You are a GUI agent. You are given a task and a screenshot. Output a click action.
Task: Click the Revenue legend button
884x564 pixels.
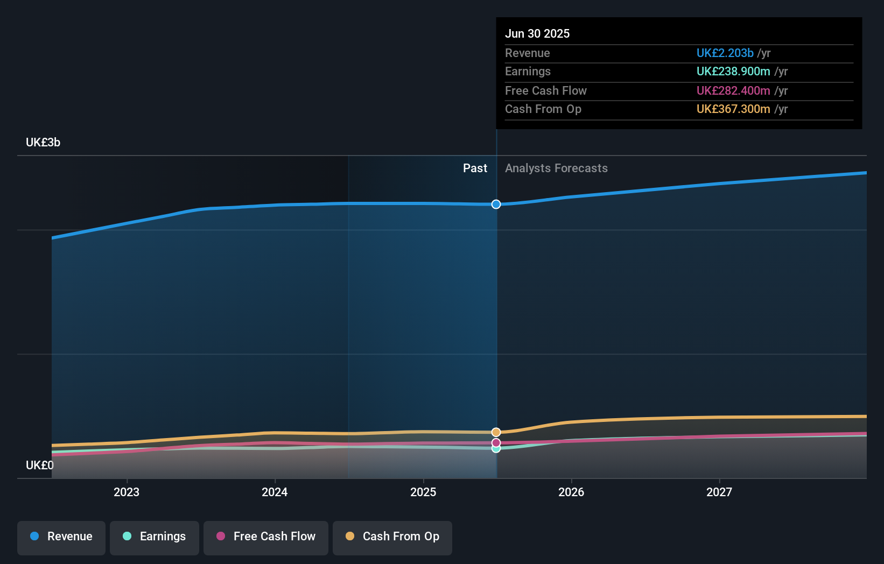pyautogui.click(x=61, y=537)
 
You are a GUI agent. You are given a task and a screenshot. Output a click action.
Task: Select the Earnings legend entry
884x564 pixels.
pyautogui.click(x=155, y=537)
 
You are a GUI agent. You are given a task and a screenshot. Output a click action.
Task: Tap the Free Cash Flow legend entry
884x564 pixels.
pyautogui.click(x=266, y=537)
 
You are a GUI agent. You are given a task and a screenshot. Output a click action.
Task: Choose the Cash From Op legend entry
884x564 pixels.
pyautogui.click(x=392, y=537)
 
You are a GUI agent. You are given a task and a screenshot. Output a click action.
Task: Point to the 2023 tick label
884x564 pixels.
pyautogui.click(x=127, y=492)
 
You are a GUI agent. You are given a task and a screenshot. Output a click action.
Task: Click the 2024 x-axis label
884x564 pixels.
pyautogui.click(x=275, y=492)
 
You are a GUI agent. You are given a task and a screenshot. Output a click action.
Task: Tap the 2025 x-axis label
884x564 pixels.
pyautogui.click(x=423, y=492)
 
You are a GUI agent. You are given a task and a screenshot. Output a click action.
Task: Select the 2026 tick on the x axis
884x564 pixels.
pyautogui.click(x=571, y=492)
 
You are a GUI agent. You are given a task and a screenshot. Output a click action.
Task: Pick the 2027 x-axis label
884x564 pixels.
pyautogui.click(x=719, y=492)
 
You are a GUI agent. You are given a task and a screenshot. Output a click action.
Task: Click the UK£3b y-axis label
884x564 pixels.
pyautogui.click(x=43, y=143)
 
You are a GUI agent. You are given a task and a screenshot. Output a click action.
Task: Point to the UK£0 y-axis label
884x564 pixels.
pyautogui.click(x=40, y=465)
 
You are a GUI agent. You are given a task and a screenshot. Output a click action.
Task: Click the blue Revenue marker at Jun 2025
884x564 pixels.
pyautogui.click(x=496, y=205)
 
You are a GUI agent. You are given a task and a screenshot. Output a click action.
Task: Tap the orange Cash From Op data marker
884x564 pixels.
pyautogui.click(x=496, y=432)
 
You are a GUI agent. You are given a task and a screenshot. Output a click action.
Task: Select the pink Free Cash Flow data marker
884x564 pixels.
pyautogui.click(x=496, y=443)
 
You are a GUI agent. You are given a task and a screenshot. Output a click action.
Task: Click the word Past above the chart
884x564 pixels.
pyautogui.click(x=475, y=168)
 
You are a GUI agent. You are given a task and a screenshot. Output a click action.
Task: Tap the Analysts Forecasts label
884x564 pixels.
pyautogui.click(x=556, y=168)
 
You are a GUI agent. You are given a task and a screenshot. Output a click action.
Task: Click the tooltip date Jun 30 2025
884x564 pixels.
pyautogui.click(x=537, y=33)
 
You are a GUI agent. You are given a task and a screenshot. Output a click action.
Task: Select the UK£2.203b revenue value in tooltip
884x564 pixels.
pyautogui.click(x=725, y=53)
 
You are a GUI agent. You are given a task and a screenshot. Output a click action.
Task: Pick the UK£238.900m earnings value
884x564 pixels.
pyautogui.click(x=733, y=72)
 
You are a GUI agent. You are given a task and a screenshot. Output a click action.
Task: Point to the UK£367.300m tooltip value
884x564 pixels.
pyautogui.click(x=733, y=109)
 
